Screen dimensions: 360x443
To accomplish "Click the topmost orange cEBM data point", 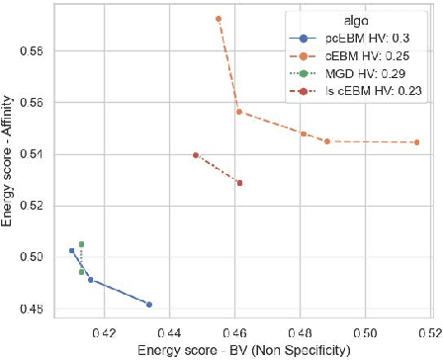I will (x=219, y=19).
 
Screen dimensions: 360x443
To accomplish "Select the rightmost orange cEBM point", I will (x=416, y=142).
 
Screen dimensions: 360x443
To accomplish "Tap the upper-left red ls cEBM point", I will (x=196, y=155).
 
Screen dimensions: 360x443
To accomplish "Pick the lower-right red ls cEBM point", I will (x=239, y=183).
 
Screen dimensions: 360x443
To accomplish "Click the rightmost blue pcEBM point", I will (x=149, y=305).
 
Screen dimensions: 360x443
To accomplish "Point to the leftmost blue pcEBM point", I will (x=71, y=251).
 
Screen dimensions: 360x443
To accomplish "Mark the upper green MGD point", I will (x=82, y=244).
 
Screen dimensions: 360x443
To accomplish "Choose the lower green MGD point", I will (x=82, y=271).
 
